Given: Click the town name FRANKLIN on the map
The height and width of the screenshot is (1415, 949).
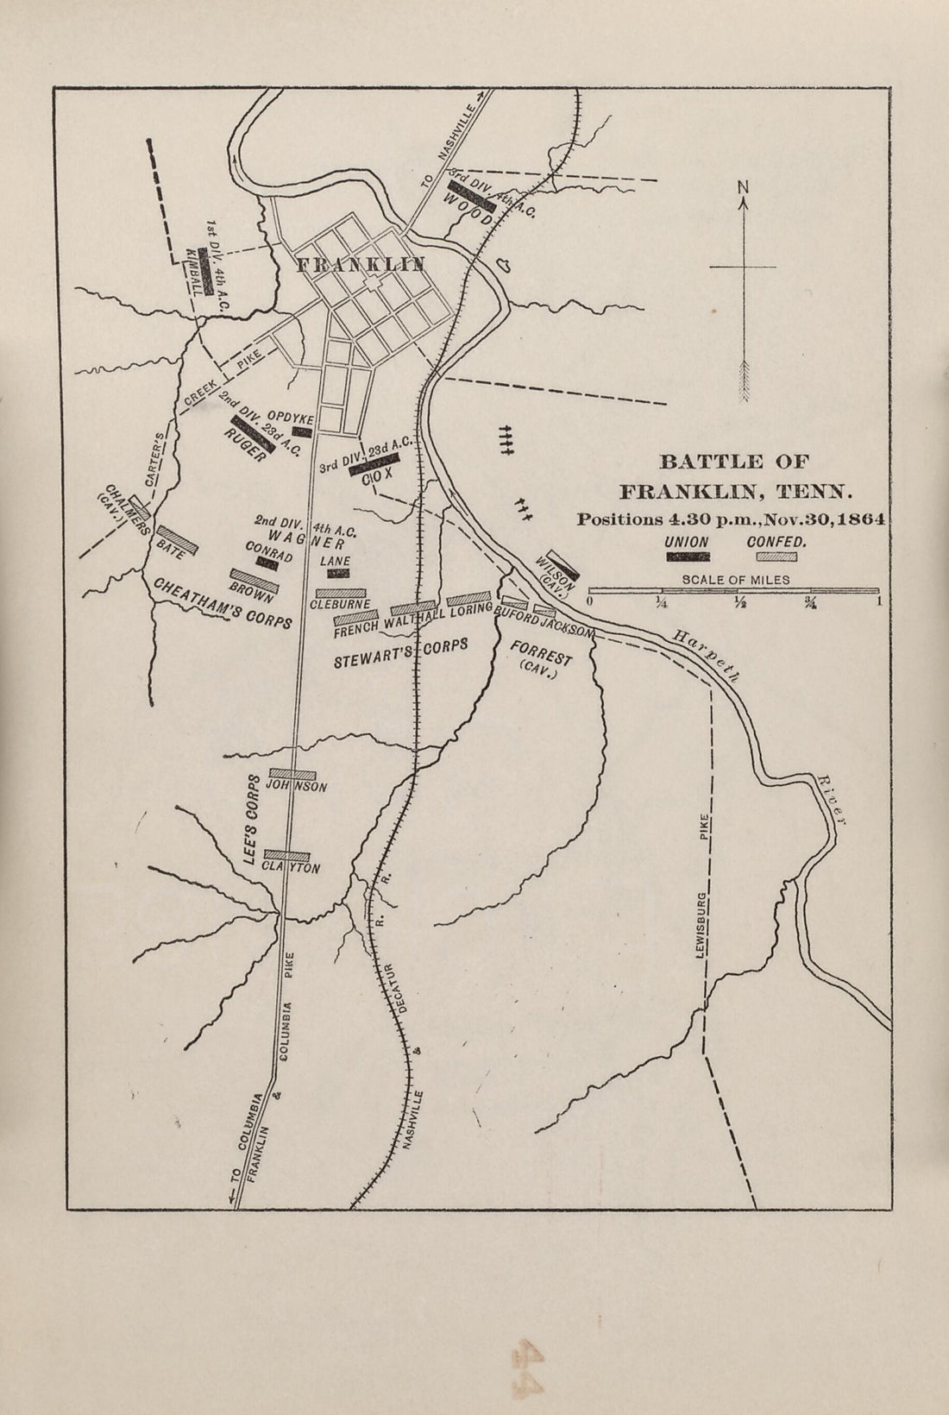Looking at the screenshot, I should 361,265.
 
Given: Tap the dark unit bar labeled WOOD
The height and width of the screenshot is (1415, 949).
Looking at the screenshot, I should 471,196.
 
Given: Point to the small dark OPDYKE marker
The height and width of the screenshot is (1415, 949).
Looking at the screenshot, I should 302,431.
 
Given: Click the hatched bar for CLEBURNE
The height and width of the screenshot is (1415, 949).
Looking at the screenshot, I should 343,593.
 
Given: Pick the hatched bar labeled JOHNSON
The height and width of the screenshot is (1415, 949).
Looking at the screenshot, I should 293,774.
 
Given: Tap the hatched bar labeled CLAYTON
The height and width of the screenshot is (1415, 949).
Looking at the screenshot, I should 286,856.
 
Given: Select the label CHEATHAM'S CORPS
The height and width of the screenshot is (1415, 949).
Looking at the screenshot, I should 223,603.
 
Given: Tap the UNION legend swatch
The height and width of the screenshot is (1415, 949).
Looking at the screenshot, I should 688,557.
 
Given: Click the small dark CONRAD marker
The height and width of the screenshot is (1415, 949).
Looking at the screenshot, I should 267,563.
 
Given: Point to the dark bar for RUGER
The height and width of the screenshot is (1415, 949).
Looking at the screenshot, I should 253,431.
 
